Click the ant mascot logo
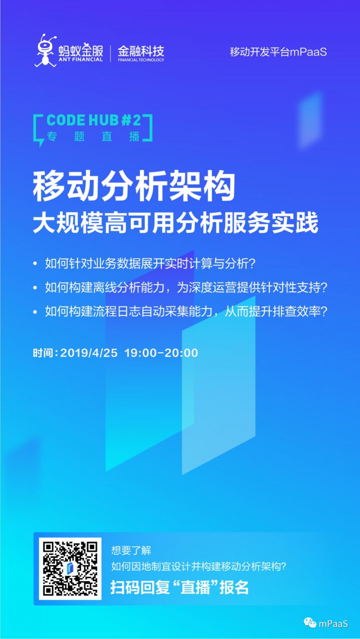point(45,50)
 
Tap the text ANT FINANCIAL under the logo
point(81,60)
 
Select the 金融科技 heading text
point(141,51)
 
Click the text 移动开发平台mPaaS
point(278,52)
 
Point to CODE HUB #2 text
point(94,121)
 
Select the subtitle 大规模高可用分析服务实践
point(176,223)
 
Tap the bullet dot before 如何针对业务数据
point(35,264)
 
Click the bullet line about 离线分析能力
point(186,287)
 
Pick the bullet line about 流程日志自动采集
point(186,311)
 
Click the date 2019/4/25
point(89,353)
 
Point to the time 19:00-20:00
point(161,353)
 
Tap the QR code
point(70,568)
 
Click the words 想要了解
point(131,550)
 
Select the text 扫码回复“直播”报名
point(179,588)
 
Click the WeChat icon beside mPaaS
point(310,623)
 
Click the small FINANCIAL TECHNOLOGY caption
point(141,60)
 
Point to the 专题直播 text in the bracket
point(93,137)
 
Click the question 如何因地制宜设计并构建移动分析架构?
point(198,567)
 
